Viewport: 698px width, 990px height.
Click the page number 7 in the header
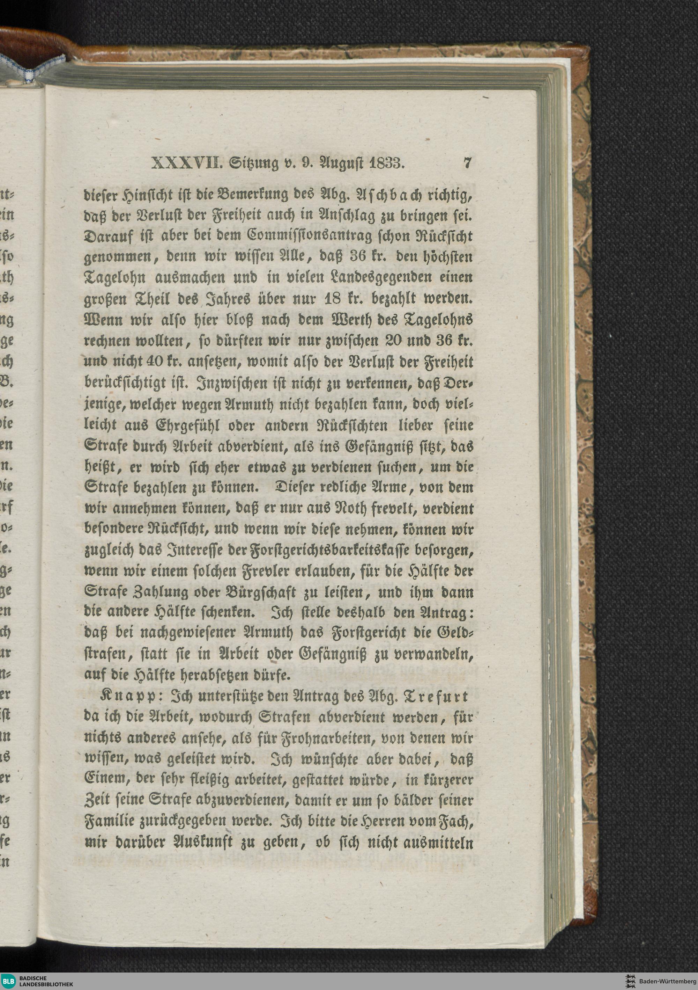pos(467,163)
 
